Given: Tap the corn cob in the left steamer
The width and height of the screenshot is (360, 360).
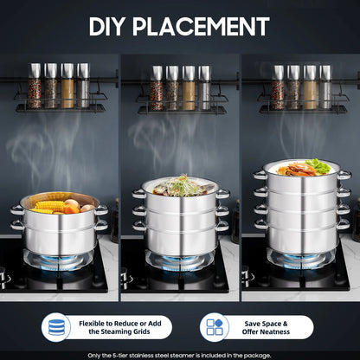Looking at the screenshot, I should [49, 206].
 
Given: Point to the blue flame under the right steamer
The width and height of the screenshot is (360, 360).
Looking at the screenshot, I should [300, 256].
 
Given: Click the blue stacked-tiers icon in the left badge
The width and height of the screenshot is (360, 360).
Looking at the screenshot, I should [56, 327].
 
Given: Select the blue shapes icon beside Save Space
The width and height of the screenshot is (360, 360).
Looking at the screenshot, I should [214, 327].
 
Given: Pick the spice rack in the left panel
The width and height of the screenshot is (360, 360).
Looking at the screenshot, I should [59, 88].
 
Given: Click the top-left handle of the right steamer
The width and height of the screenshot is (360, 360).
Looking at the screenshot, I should [259, 175].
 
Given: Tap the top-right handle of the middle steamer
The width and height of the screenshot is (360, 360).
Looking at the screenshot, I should [223, 194].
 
